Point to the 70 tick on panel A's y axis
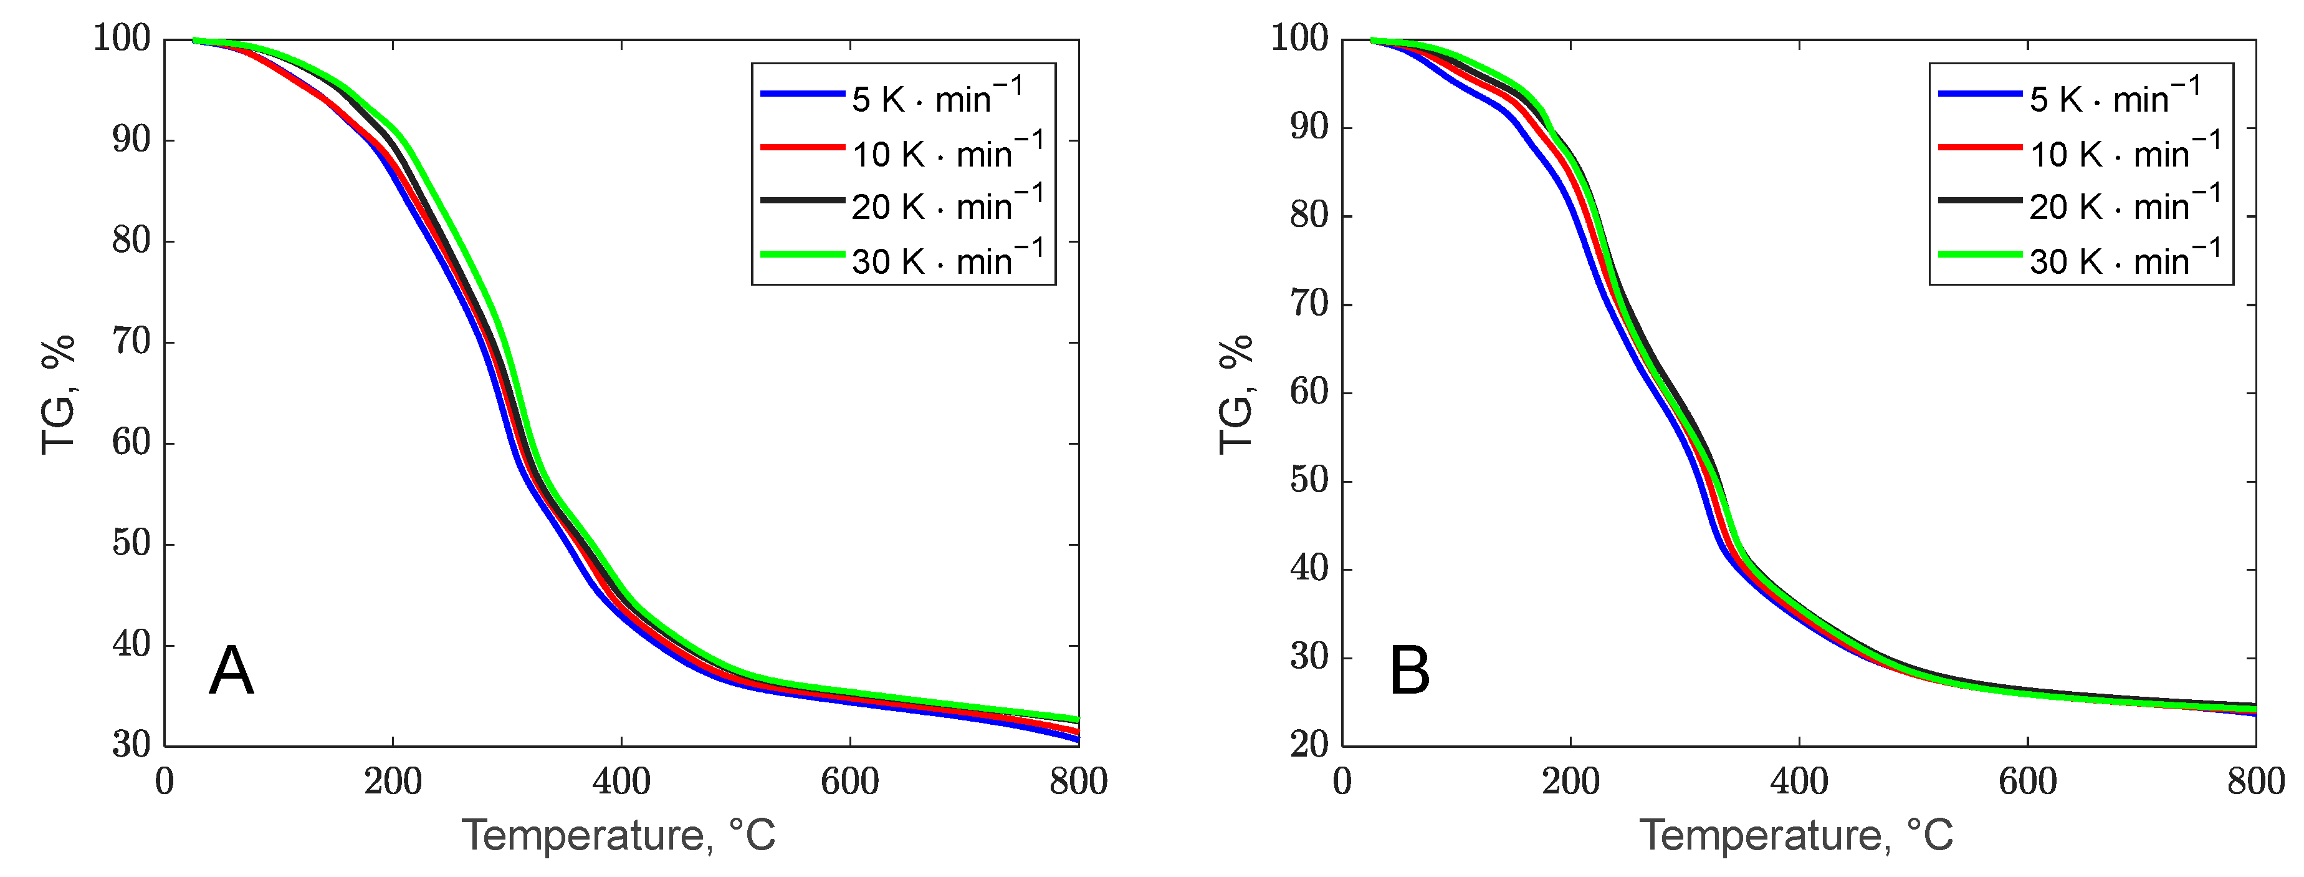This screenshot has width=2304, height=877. pyautogui.click(x=131, y=342)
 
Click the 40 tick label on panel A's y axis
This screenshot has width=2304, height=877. pyautogui.click(x=131, y=644)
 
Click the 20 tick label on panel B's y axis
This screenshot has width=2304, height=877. pyautogui.click(x=1309, y=745)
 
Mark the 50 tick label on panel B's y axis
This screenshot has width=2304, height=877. pyautogui.click(x=1309, y=480)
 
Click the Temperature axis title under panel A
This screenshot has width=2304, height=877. pyautogui.click(x=619, y=836)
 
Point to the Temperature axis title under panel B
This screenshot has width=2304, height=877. pyautogui.click(x=1796, y=836)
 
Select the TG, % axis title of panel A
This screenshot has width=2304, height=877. pyautogui.click(x=58, y=394)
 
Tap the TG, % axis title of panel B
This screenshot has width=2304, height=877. pyautogui.click(x=1236, y=394)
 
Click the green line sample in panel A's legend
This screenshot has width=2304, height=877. pyautogui.click(x=801, y=255)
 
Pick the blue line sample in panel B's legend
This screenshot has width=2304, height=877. pyautogui.click(x=1979, y=93)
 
